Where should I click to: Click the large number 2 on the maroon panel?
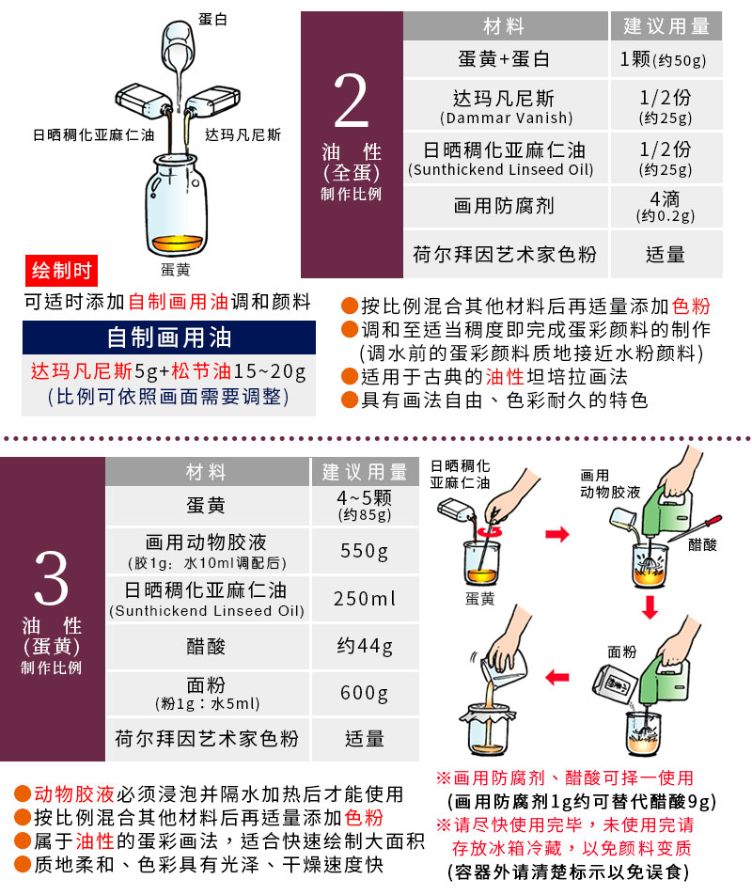(x=351, y=101)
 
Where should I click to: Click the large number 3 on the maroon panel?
(x=52, y=577)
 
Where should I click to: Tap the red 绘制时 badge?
(x=61, y=270)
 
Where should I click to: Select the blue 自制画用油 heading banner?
(x=169, y=338)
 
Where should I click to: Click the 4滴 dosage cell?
(x=666, y=206)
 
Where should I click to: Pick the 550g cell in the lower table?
(x=365, y=551)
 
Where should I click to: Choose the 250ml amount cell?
(x=365, y=599)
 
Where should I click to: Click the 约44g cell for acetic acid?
(x=365, y=646)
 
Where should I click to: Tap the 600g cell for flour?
(x=365, y=693)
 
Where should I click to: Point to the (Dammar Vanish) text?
(x=506, y=118)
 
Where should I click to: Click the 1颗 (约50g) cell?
(x=666, y=59)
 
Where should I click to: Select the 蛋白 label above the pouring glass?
(x=212, y=19)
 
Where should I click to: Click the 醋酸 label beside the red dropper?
(x=702, y=544)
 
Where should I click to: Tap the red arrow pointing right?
(x=557, y=534)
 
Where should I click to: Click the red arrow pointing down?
(x=650, y=607)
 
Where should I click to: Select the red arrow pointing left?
(x=557, y=678)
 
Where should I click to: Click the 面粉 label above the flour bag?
(x=622, y=652)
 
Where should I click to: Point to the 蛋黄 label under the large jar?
(x=175, y=270)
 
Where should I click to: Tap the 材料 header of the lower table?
(x=206, y=472)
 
